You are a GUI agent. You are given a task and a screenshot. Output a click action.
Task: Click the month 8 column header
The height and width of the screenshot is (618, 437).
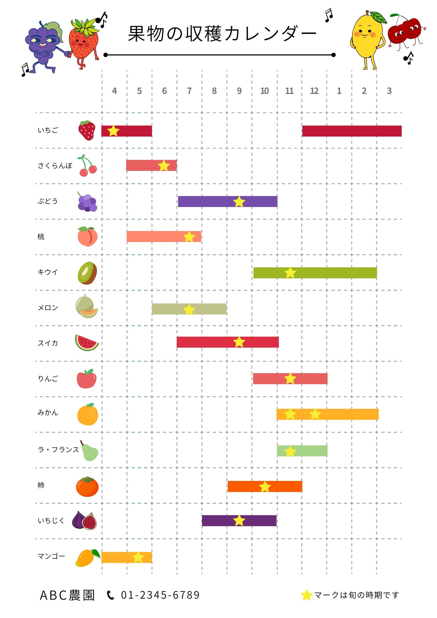coord(214,91)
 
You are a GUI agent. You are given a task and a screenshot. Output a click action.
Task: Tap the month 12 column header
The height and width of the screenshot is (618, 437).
coord(314,91)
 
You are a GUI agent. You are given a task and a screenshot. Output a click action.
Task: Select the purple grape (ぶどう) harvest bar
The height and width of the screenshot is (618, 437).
coord(228,201)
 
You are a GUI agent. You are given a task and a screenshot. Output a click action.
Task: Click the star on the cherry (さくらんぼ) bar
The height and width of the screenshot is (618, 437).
coord(164,166)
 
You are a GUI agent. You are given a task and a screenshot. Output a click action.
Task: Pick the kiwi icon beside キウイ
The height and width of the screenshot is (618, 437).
coord(87,273)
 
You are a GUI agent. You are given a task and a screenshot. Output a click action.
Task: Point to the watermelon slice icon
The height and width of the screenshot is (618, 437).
coord(87,343)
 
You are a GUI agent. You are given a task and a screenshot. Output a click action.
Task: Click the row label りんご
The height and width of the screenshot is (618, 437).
coord(48,378)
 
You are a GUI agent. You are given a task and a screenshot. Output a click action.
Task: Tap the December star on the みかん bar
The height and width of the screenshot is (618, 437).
coord(315,414)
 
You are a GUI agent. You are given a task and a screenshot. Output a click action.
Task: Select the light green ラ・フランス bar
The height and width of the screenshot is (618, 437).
coord(302,451)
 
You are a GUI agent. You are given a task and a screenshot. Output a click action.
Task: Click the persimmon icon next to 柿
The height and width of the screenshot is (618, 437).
coord(87,486)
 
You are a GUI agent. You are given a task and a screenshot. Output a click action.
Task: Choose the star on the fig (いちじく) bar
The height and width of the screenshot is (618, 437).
coord(239,520)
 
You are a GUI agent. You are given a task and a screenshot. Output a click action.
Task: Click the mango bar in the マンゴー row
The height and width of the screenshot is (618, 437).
coord(127,557)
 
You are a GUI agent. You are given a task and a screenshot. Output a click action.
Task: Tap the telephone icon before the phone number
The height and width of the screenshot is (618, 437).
coord(111,595)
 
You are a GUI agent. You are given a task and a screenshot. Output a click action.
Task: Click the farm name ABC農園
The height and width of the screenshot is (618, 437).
coord(67,595)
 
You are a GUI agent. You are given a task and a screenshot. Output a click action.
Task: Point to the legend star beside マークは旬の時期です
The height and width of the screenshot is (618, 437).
coord(306,595)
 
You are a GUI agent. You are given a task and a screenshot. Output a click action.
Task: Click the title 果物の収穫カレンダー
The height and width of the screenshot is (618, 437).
coord(222,34)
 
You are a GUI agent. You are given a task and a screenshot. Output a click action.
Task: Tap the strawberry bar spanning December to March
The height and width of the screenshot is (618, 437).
coord(352,131)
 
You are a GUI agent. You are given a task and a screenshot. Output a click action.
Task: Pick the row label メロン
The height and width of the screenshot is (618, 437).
coord(48,307)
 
